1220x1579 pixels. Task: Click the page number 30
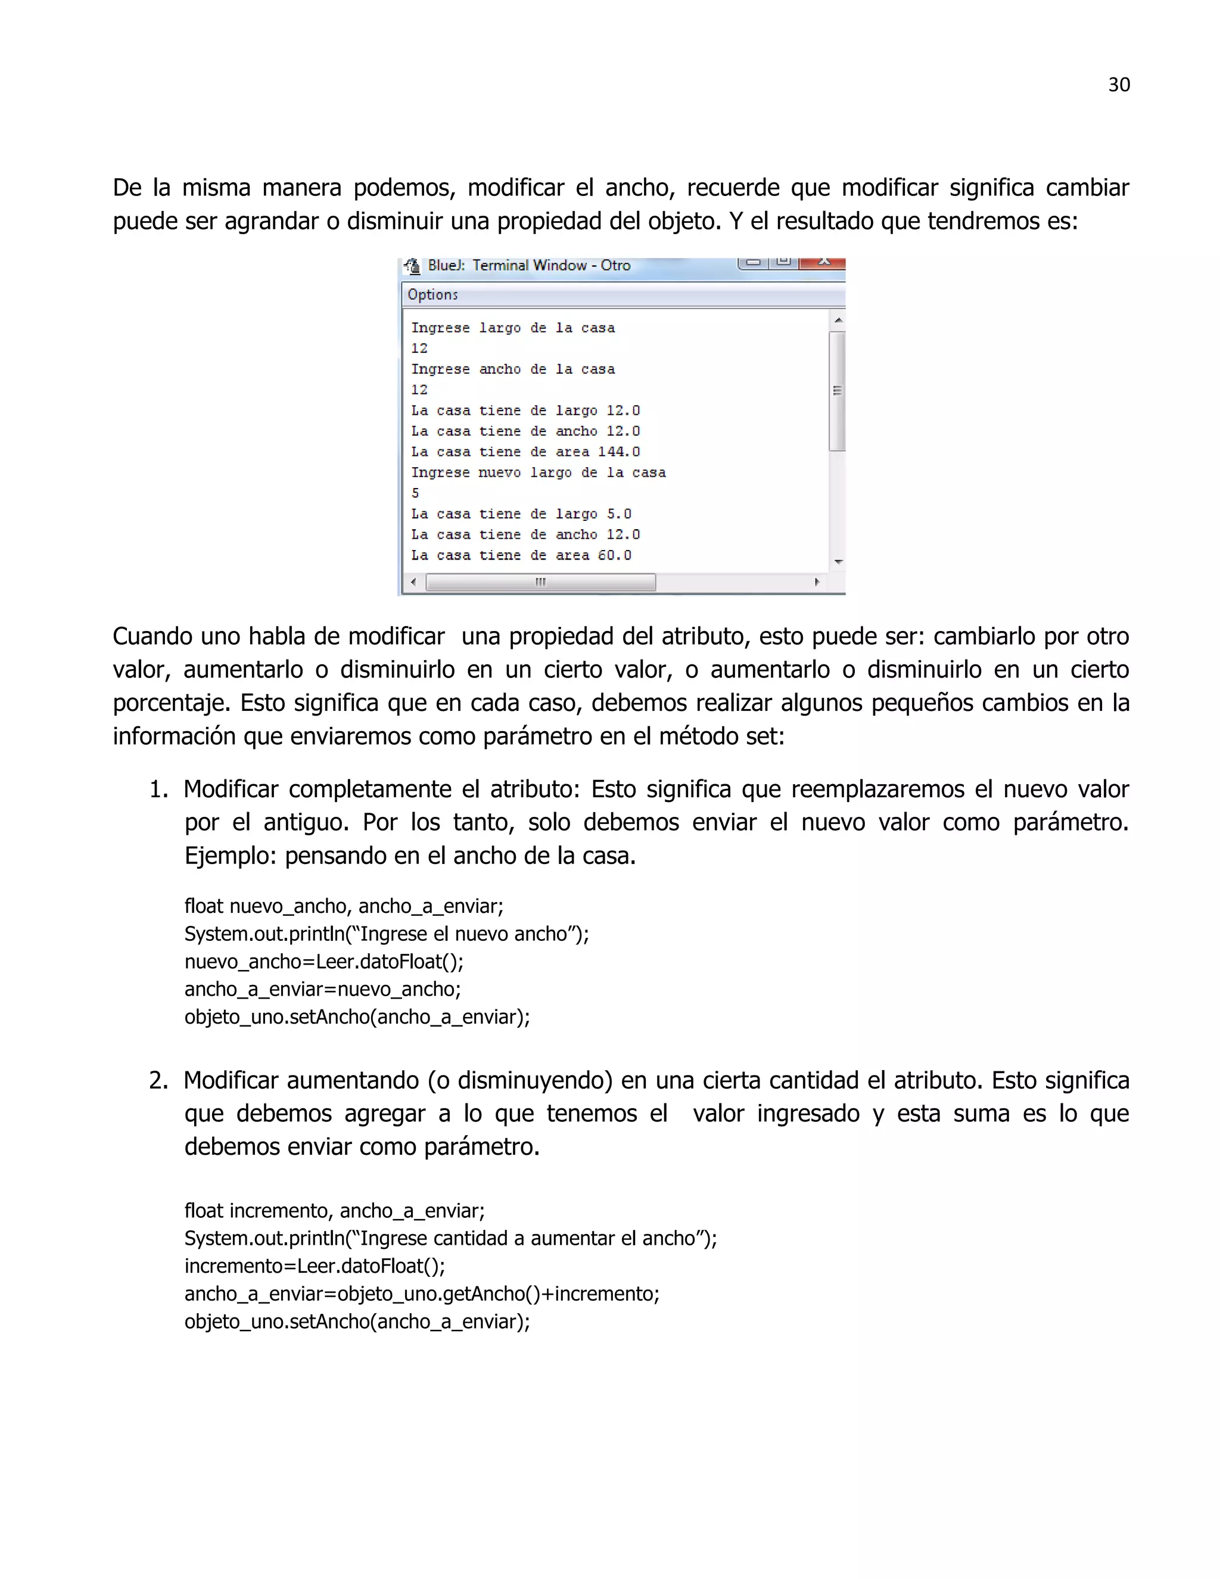pos(1118,85)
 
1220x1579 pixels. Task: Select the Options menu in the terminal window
pos(432,294)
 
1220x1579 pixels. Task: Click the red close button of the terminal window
pos(824,262)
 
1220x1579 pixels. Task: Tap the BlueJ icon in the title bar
pos(412,266)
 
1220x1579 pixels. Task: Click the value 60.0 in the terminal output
pos(614,555)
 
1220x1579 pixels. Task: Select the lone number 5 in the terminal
pos(416,493)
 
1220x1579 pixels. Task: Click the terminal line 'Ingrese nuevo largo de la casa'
pos(538,473)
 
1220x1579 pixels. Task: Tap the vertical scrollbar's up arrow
pos(838,319)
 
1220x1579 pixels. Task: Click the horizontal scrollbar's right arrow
pos(817,582)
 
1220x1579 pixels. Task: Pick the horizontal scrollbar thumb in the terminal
pos(541,582)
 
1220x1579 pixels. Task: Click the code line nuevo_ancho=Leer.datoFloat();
pos(324,962)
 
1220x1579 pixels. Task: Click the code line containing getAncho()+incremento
pos(421,1294)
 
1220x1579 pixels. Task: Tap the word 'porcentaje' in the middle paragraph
pos(172,703)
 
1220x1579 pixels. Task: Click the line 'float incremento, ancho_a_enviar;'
pos(334,1210)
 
